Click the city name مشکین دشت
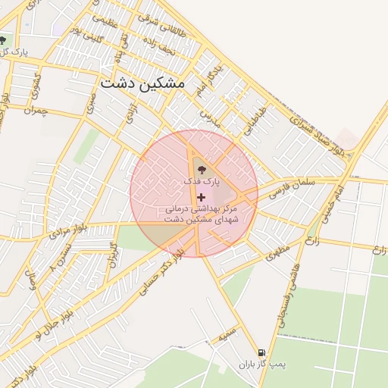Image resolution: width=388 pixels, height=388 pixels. pos(142,83)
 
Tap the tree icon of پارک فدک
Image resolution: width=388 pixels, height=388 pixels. pos(201,169)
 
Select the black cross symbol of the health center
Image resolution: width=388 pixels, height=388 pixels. pos(201,196)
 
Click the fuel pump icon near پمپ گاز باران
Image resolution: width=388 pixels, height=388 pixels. pos(262,352)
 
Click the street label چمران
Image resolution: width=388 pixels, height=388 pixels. pos(34,111)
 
